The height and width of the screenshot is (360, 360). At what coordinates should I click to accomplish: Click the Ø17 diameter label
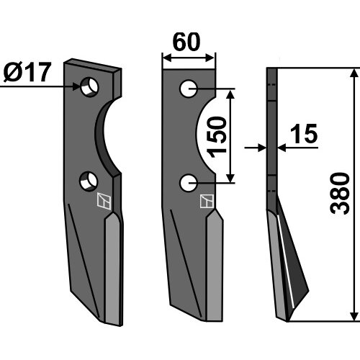pyautogui.click(x=27, y=72)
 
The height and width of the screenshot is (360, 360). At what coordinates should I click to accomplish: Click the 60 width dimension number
pyautogui.click(x=186, y=42)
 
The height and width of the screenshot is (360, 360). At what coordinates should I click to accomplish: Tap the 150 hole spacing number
pyautogui.click(x=217, y=137)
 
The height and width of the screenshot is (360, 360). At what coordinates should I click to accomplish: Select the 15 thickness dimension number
pyautogui.click(x=304, y=134)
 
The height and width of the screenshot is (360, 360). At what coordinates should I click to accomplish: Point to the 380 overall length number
pyautogui.click(x=340, y=193)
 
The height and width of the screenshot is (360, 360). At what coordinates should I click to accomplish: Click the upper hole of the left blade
pyautogui.click(x=89, y=87)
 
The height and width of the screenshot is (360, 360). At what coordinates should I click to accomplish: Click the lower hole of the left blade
pyautogui.click(x=89, y=181)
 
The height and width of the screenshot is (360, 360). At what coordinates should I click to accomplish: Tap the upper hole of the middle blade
pyautogui.click(x=189, y=89)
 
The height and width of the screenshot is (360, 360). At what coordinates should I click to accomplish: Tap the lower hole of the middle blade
pyautogui.click(x=189, y=183)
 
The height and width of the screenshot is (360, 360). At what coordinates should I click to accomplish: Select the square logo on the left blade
pyautogui.click(x=104, y=201)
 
